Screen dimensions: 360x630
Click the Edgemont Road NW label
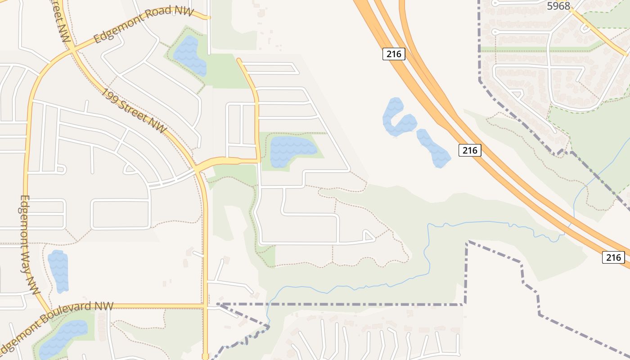(x=144, y=25)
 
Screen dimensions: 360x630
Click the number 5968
(x=558, y=6)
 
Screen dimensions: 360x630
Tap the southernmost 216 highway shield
(x=613, y=257)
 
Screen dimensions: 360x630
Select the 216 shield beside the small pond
(x=470, y=150)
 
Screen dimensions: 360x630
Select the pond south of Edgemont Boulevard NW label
(x=63, y=337)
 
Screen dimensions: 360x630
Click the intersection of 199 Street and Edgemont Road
(x=72, y=51)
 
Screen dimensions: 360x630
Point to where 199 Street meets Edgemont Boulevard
(x=206, y=306)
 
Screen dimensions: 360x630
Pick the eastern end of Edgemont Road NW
(x=209, y=18)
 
